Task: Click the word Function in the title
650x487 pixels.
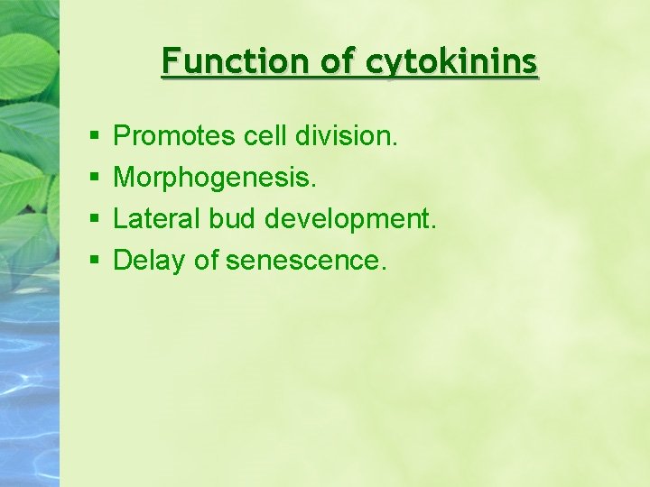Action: [x=237, y=61]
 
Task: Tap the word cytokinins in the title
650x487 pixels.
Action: [x=451, y=61]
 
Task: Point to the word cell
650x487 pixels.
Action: [x=266, y=136]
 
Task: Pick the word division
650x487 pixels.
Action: [x=345, y=136]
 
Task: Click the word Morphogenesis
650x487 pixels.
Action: [x=214, y=178]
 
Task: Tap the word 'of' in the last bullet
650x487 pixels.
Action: [x=206, y=261]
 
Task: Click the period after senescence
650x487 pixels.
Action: [x=385, y=269]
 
